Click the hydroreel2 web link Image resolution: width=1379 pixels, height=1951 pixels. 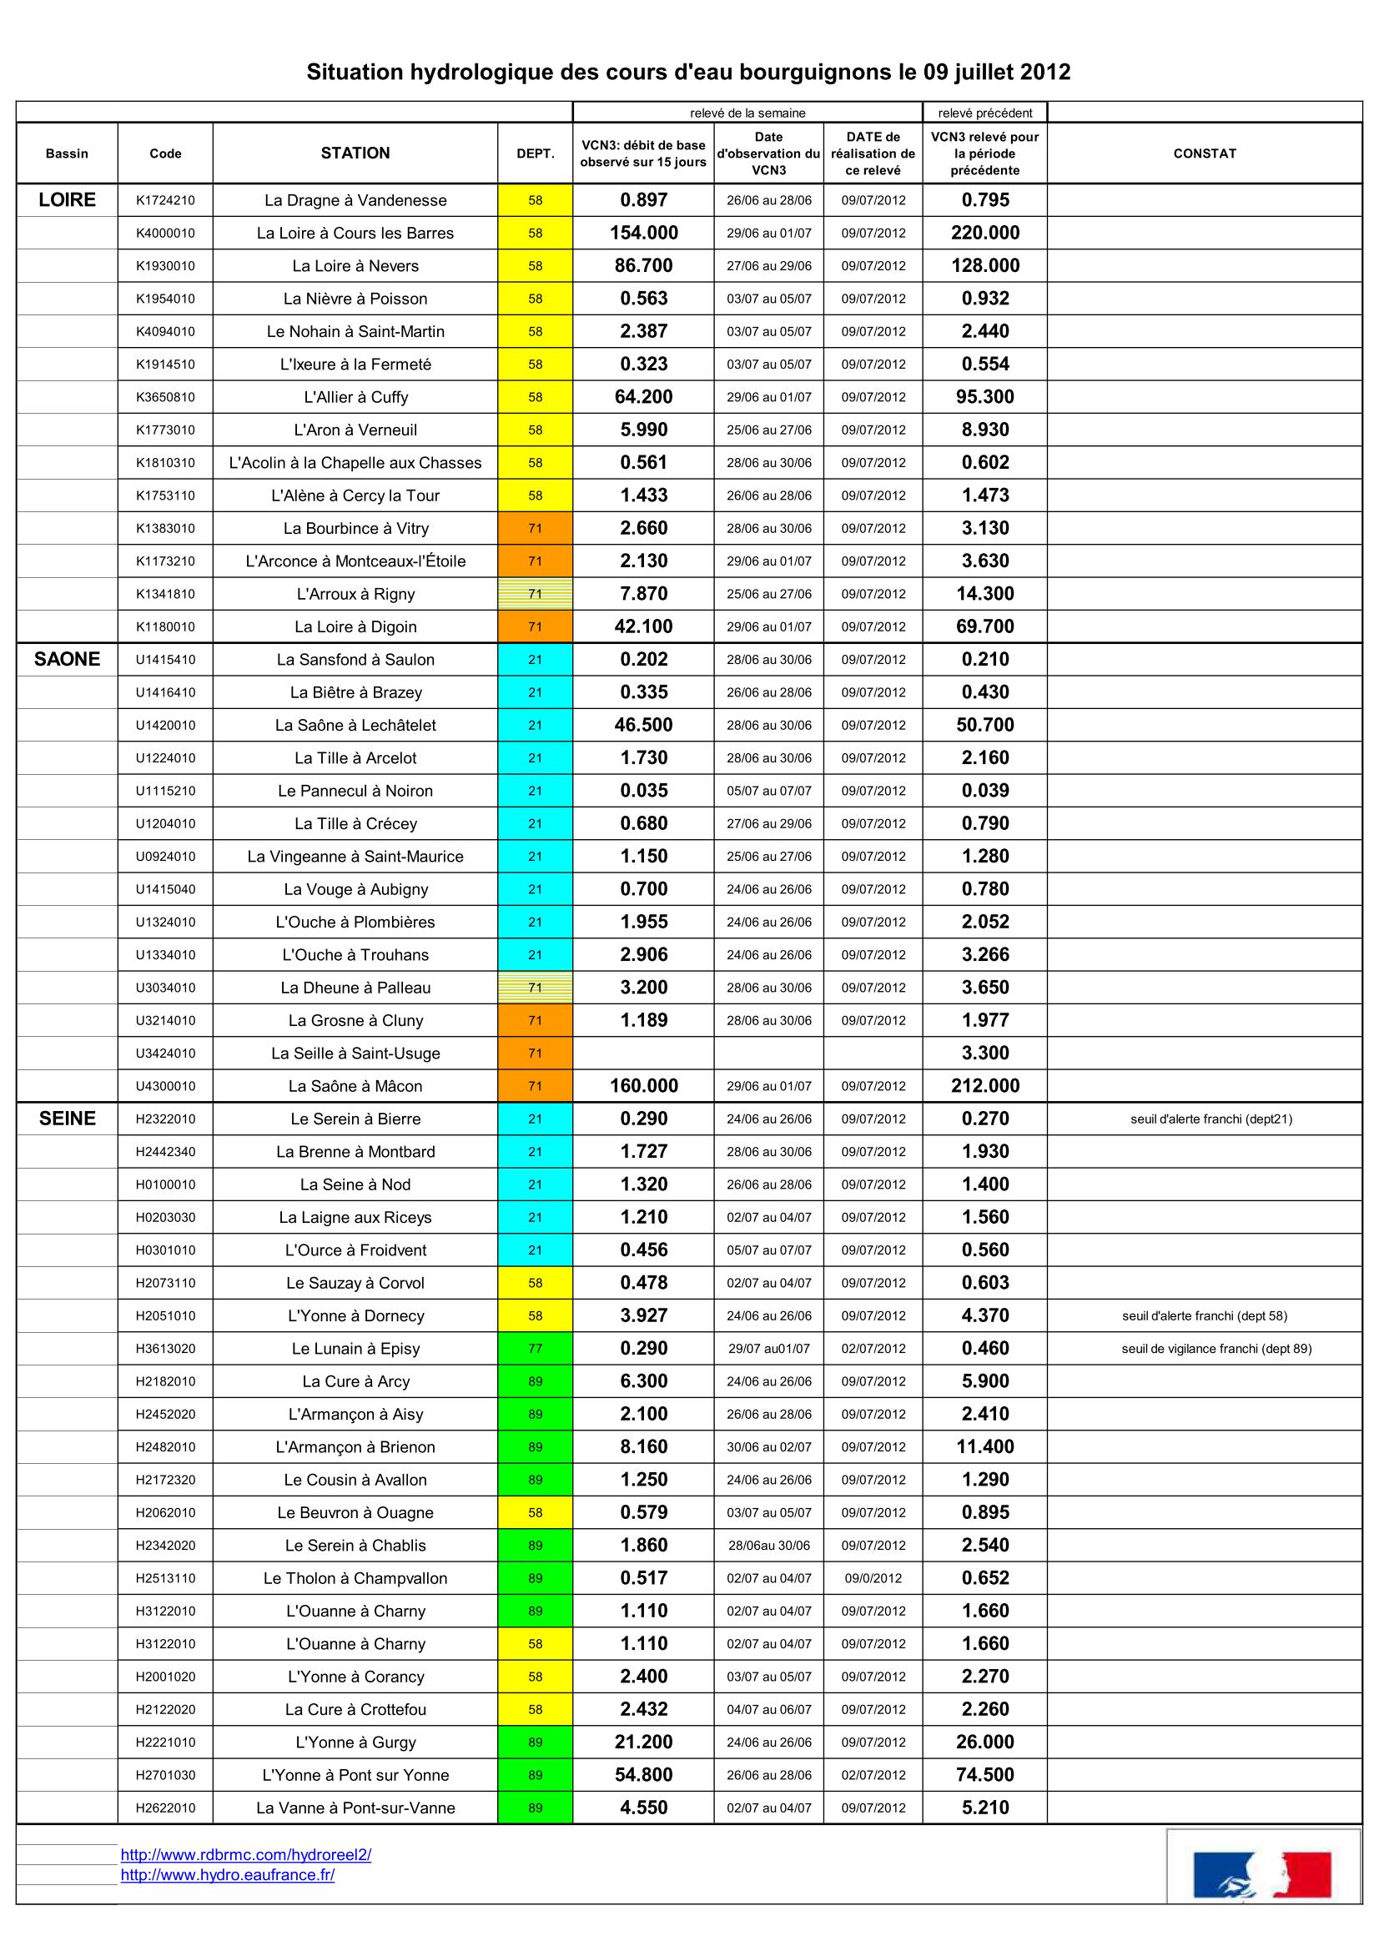point(245,1855)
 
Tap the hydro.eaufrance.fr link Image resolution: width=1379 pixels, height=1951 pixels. point(227,1874)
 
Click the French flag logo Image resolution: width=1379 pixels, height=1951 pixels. point(1261,1874)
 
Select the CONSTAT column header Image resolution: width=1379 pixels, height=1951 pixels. point(1204,153)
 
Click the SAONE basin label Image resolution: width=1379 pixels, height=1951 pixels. point(67,660)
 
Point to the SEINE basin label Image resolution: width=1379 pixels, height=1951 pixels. point(67,1119)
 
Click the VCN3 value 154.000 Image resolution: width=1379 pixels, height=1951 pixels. point(643,234)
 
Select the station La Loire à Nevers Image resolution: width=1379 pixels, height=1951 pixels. point(355,266)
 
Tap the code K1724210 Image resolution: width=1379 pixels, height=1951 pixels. point(165,200)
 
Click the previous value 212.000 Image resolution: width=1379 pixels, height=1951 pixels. point(984,1086)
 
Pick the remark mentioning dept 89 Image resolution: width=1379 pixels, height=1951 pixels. point(1215,1349)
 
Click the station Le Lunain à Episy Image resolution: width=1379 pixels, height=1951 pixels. point(355,1349)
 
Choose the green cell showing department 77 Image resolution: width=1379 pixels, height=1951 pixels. point(536,1349)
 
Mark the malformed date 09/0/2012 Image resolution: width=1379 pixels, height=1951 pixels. point(873,1578)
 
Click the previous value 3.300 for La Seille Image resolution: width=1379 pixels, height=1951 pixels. point(984,1053)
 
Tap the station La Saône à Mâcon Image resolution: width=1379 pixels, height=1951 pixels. point(355,1086)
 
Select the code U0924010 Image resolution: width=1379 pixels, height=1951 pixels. point(165,857)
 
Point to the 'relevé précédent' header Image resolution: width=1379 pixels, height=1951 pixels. point(984,113)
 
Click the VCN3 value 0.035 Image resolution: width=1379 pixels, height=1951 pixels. point(643,791)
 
